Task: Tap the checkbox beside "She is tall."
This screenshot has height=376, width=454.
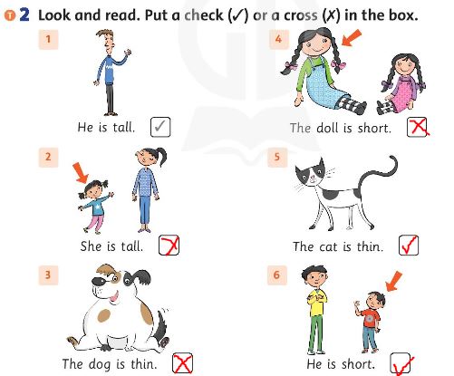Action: click(x=169, y=245)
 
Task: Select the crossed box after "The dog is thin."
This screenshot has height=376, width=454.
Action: click(x=183, y=363)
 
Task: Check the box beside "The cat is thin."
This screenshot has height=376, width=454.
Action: click(x=408, y=245)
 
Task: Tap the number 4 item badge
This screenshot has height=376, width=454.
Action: click(x=277, y=38)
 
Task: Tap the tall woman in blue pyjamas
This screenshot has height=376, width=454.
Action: click(x=145, y=188)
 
